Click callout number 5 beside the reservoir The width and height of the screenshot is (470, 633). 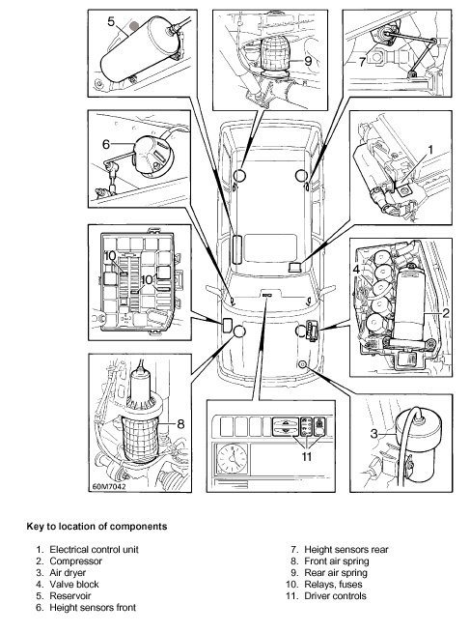(112, 21)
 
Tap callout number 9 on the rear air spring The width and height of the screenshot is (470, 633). (308, 61)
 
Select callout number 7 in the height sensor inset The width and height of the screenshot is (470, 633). (362, 62)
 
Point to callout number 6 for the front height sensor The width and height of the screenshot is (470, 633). (106, 144)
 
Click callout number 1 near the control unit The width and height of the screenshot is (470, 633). (430, 150)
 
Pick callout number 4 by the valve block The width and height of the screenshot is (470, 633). (356, 270)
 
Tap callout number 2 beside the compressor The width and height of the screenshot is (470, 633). (446, 313)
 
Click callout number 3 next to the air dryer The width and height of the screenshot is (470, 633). (374, 434)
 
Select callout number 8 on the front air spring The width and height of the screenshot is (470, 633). (180, 423)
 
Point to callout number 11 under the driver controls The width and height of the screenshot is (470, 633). (307, 456)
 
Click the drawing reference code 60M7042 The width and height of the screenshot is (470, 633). (109, 486)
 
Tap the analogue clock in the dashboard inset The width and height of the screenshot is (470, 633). (232, 458)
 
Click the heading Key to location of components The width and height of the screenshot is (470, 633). (97, 527)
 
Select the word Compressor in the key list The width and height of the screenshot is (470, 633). (76, 561)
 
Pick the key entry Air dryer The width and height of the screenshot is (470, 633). (68, 573)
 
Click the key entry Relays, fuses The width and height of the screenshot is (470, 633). (333, 584)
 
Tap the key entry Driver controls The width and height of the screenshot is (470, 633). (335, 596)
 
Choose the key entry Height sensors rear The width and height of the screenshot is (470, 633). (346, 550)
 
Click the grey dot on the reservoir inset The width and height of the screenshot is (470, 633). (135, 26)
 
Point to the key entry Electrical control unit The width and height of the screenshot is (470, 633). (94, 550)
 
